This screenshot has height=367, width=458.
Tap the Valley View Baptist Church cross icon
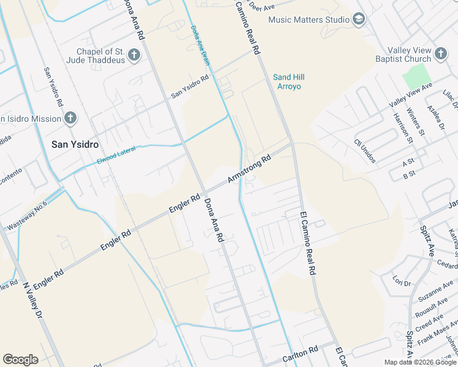pos(441,54)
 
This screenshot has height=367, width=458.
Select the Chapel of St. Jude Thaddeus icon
pos(134,56)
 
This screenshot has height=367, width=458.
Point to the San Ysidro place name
pos(75,144)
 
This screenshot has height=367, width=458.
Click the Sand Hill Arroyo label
pos(289,81)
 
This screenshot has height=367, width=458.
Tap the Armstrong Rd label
pos(249,169)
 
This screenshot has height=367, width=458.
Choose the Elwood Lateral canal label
pos(116,154)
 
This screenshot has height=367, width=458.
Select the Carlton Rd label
pos(301,354)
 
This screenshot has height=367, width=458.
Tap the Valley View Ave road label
pos(411,97)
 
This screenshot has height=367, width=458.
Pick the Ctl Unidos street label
pos(364,151)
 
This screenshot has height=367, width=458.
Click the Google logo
pos(20,360)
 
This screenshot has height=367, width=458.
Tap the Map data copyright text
pos(420,362)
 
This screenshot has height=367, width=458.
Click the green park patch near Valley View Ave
pos(416,76)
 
